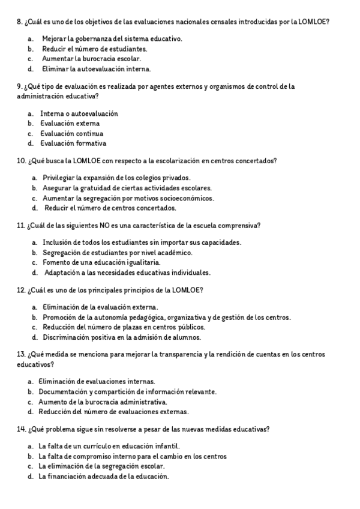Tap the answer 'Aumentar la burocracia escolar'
(x=92, y=59)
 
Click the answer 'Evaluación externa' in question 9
(x=65, y=124)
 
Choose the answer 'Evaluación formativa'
(x=73, y=144)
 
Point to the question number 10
(x=22, y=161)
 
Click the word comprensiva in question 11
(x=239, y=226)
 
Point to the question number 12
(x=22, y=291)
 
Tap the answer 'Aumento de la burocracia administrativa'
(x=103, y=402)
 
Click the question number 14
(x=22, y=429)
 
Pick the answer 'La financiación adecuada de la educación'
(x=104, y=477)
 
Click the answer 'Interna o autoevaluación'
(x=79, y=113)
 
